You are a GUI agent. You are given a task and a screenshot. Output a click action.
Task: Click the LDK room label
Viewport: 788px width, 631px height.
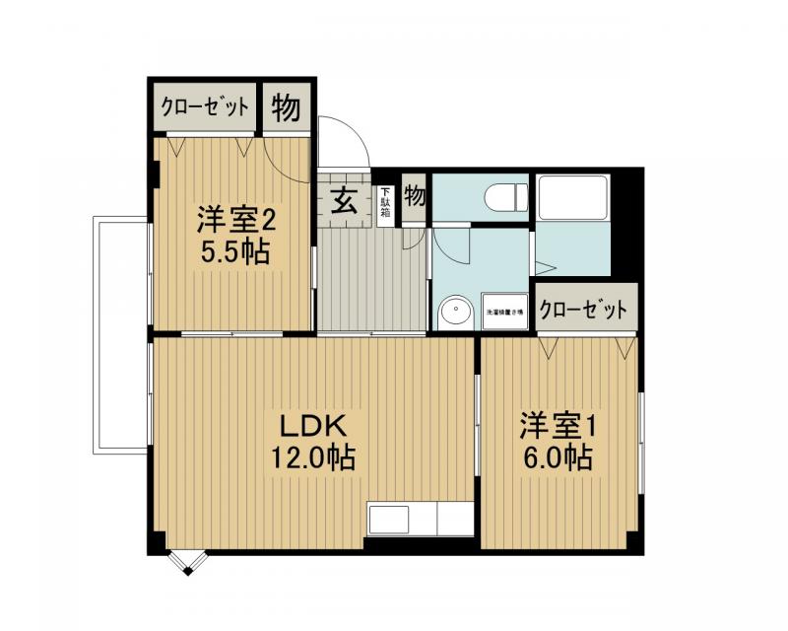coord(311,427)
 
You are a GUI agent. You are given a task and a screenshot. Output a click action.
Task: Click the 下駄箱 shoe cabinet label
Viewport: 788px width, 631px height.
coord(386,206)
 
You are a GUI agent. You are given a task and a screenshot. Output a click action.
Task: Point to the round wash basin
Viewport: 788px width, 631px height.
coord(455,313)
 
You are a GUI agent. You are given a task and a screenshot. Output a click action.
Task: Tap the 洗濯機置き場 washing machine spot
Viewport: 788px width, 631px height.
coord(504,312)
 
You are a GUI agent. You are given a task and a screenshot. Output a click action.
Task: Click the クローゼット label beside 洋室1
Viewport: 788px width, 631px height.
coord(584,310)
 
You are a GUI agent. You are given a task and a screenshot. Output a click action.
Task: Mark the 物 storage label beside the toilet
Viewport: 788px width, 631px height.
coord(415,195)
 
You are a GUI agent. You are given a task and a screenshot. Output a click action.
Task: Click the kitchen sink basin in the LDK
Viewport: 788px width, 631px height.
coord(390,519)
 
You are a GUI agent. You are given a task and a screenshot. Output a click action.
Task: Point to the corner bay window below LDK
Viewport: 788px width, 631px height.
coord(186,563)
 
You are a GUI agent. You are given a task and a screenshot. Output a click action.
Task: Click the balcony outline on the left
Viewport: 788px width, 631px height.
coord(120,335)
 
